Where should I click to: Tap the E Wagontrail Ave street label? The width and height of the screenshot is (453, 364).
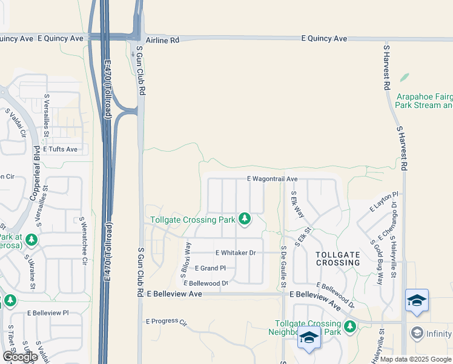(x=273, y=179)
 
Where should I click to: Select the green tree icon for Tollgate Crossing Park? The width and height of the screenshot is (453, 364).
(x=245, y=218)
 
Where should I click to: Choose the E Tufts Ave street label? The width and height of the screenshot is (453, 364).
(x=60, y=149)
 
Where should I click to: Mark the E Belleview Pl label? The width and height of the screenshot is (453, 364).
(x=48, y=312)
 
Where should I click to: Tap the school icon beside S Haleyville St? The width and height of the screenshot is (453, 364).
(x=417, y=300)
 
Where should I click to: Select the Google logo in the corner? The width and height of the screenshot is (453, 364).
(x=20, y=357)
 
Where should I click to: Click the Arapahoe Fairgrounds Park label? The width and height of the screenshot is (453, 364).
(x=424, y=101)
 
